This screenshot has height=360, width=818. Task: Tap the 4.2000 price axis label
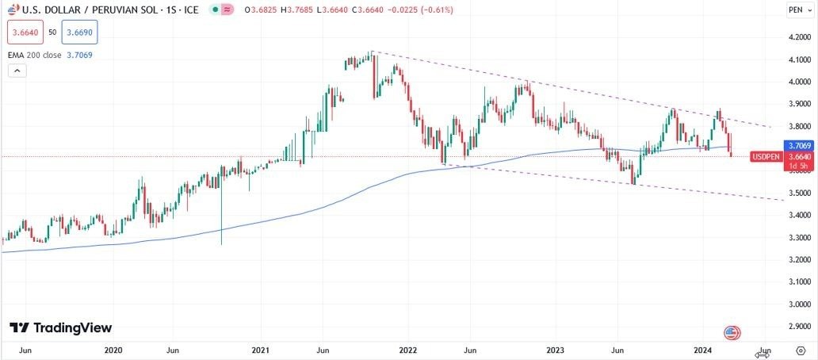[x=799, y=37]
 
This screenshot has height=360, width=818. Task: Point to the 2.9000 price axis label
[x=799, y=327]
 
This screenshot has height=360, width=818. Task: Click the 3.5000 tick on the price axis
[x=799, y=193]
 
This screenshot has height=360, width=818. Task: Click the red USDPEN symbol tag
[x=766, y=157]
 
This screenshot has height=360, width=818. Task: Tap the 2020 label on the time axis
[x=113, y=350]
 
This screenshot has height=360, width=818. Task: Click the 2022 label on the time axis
[x=407, y=350]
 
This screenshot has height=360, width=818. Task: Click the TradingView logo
[x=61, y=327]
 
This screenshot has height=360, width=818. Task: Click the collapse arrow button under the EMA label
[x=17, y=71]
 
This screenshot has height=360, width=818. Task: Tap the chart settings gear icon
[x=800, y=350]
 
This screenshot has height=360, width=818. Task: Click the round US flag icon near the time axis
[x=732, y=333]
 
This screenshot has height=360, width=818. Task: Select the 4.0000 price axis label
[x=799, y=82]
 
